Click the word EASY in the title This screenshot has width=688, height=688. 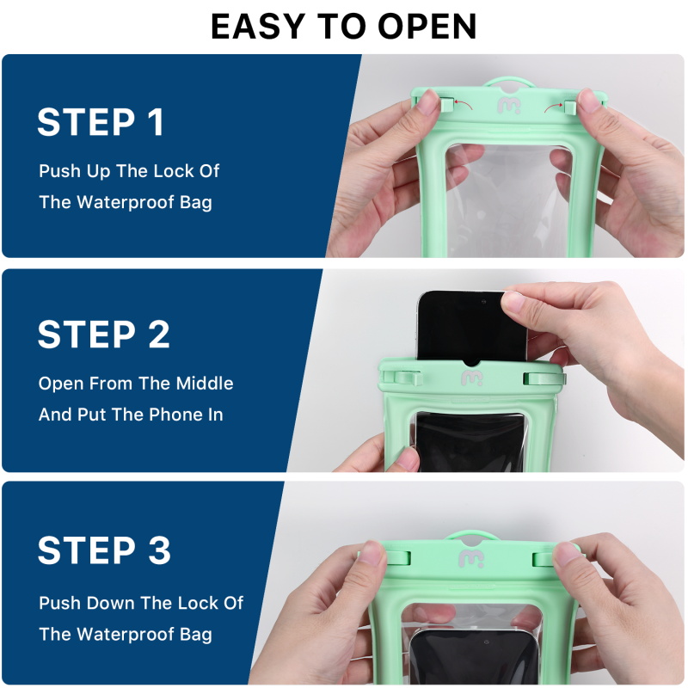[x=258, y=27]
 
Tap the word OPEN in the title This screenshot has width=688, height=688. [x=427, y=27]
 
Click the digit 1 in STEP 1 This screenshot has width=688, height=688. [x=156, y=122]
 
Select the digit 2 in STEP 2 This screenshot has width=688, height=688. [x=158, y=335]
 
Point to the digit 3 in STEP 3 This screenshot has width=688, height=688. [x=159, y=550]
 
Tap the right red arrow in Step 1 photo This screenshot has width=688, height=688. [x=554, y=107]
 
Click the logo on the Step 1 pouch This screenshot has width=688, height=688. [x=509, y=106]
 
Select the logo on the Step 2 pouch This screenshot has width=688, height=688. [x=472, y=378]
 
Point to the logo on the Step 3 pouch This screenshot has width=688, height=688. [x=471, y=558]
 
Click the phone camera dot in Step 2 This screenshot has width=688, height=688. [x=483, y=302]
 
